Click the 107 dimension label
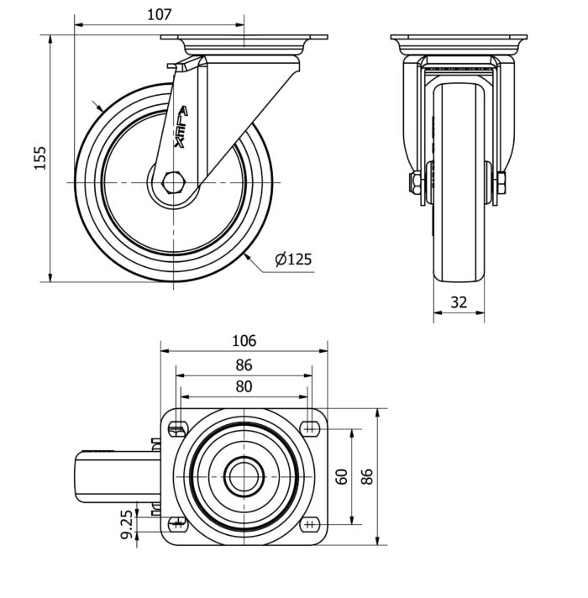coord(159,14)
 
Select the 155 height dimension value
coord(39,158)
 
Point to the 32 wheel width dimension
coord(458,302)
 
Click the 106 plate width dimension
coord(243,340)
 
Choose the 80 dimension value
coord(243,386)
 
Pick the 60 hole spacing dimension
coord(342,477)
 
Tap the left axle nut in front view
coord(415,184)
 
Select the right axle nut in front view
coord(501,184)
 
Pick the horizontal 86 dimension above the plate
coord(243,365)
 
